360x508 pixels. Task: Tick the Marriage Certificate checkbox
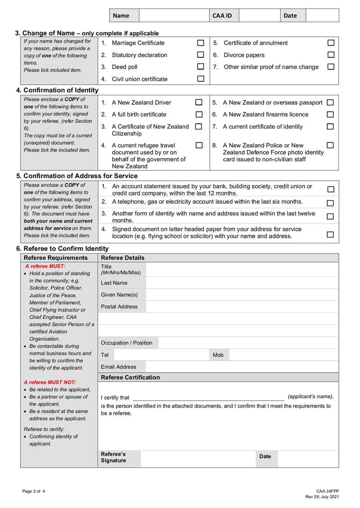(x=201, y=43)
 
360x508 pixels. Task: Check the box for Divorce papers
(x=331, y=55)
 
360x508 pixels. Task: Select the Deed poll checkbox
(x=201, y=67)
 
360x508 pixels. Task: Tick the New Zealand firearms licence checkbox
(x=330, y=115)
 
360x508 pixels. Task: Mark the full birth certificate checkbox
(x=198, y=115)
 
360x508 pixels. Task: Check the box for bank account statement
(x=330, y=190)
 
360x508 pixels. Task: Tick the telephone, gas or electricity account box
(x=330, y=203)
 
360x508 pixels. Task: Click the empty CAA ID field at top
(x=259, y=15)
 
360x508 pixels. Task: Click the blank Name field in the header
(x=174, y=15)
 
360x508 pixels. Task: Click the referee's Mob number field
(x=283, y=355)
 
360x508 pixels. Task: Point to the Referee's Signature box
(x=198, y=458)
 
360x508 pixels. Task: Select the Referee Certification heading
(x=130, y=377)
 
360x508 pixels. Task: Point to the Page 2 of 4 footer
(x=34, y=491)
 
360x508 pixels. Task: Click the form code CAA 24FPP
(x=327, y=491)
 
